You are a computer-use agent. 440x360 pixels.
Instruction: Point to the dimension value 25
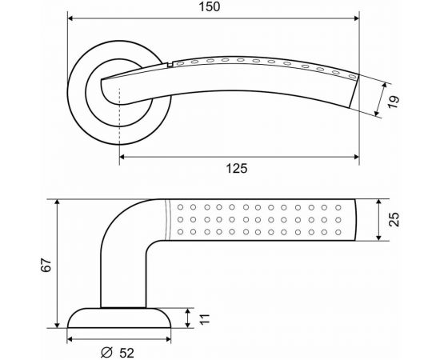click(393, 219)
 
